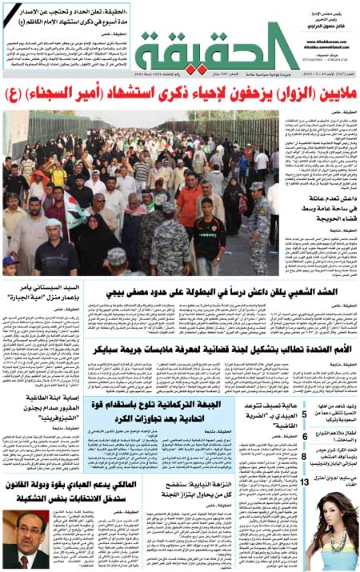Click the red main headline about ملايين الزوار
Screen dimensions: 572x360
(x=180, y=96)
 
